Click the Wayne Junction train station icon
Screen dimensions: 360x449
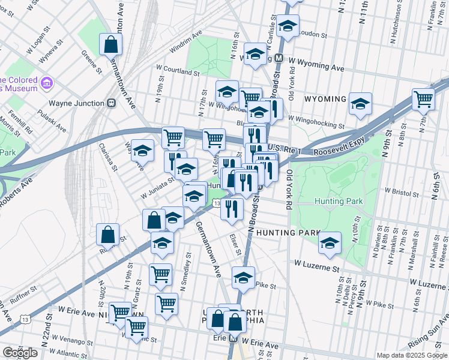(x=111, y=103)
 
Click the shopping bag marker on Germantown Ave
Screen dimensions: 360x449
(x=111, y=44)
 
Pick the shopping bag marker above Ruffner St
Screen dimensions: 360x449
(x=107, y=235)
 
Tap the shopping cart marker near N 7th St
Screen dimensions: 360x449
(x=423, y=98)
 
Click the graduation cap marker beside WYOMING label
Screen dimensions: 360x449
(x=360, y=104)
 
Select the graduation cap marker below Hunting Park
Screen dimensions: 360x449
(x=329, y=243)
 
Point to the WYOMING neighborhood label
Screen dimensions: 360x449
(x=325, y=98)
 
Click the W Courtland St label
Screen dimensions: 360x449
(x=177, y=72)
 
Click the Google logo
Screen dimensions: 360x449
(x=20, y=353)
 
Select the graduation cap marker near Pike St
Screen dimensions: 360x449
(x=243, y=278)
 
